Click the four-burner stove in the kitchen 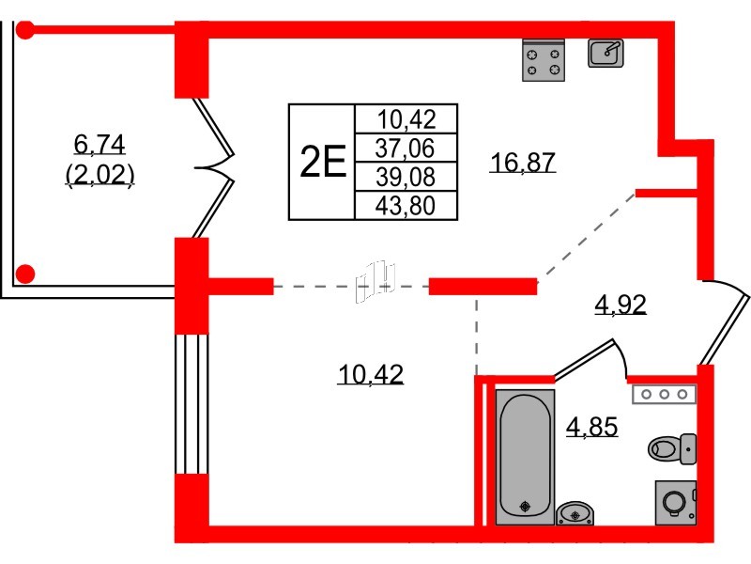pyautogui.click(x=544, y=60)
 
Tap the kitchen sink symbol pyautogui.click(x=605, y=53)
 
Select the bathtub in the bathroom pyautogui.click(x=525, y=457)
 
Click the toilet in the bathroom pyautogui.click(x=672, y=449)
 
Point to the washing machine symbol pyautogui.click(x=675, y=502)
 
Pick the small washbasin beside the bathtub pyautogui.click(x=575, y=513)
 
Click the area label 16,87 pyautogui.click(x=523, y=162)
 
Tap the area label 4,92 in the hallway pyautogui.click(x=621, y=304)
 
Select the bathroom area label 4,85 pyautogui.click(x=592, y=427)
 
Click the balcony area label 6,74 pyautogui.click(x=100, y=144)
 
